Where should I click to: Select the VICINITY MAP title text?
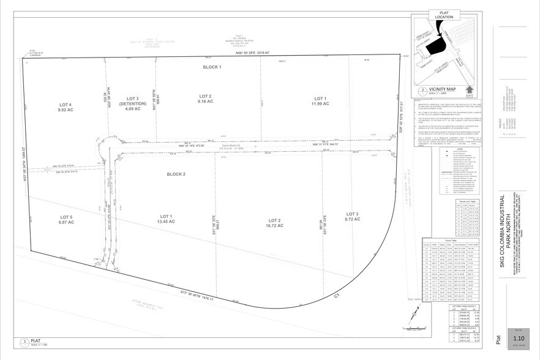[x=445, y=88]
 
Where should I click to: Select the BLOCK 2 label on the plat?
[x=176, y=174]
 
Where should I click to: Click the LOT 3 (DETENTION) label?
[x=134, y=101]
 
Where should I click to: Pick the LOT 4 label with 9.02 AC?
[x=66, y=108]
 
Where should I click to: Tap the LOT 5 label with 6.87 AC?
[x=67, y=220]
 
